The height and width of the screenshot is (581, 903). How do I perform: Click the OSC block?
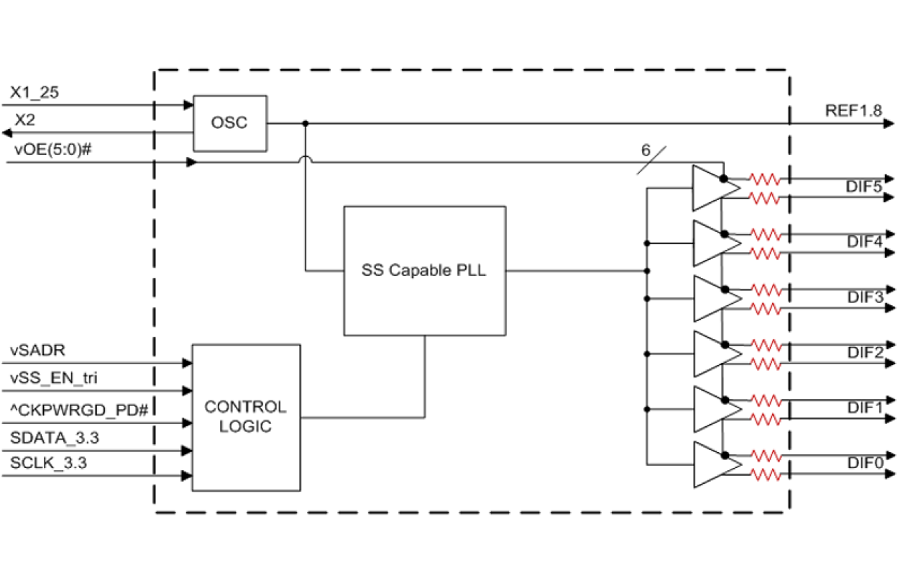click(x=230, y=123)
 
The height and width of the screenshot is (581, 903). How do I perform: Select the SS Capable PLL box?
click(x=424, y=271)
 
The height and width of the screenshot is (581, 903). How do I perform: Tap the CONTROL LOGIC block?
click(x=245, y=417)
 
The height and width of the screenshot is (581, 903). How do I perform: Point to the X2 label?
click(x=25, y=120)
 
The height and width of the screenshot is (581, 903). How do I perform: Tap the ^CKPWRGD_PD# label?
click(x=79, y=409)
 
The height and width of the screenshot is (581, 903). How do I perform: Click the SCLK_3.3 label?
click(x=49, y=463)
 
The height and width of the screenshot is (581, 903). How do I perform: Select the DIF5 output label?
click(x=863, y=187)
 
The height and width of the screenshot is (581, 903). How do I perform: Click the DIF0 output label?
click(x=863, y=464)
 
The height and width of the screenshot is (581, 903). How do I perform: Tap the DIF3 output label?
click(x=863, y=298)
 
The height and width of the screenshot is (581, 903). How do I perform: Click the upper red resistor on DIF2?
click(x=765, y=344)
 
